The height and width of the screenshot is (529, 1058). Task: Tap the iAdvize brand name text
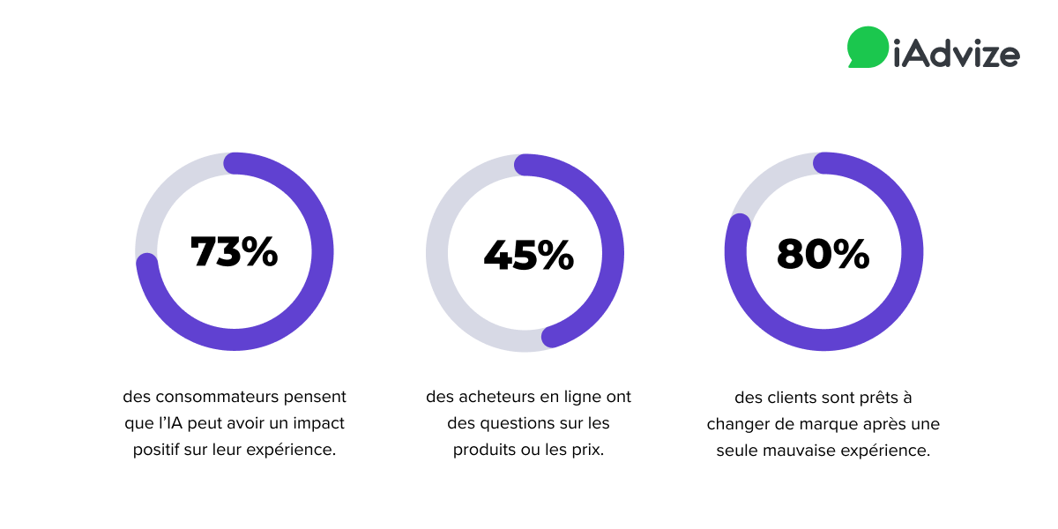[x=956, y=54]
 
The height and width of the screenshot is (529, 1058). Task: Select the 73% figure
[x=235, y=252]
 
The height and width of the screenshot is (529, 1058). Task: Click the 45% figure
[x=528, y=256]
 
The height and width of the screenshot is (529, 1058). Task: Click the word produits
[x=486, y=450]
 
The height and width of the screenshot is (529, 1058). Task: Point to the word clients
[x=790, y=398]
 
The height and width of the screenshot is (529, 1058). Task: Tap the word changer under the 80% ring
[x=740, y=424]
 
